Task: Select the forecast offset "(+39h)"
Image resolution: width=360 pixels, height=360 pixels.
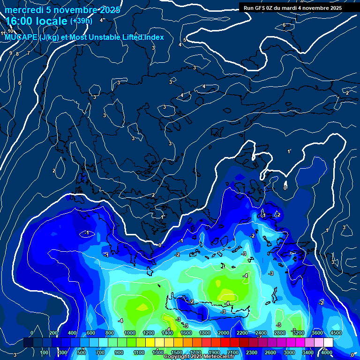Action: tap(81, 21)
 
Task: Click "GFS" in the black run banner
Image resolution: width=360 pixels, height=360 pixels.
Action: tap(262, 8)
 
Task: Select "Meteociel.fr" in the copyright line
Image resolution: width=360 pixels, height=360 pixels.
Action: tap(217, 356)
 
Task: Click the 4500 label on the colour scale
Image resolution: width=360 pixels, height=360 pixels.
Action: tap(336, 333)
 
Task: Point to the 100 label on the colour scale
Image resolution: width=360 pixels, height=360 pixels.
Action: tap(44, 352)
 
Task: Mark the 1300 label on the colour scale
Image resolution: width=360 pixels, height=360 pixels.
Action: tap(157, 352)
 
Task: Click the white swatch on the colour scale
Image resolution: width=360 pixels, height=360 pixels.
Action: tap(328, 343)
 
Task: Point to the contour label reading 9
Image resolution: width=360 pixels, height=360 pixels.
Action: tap(11, 53)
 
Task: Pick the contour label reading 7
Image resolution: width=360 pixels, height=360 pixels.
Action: tap(28, 53)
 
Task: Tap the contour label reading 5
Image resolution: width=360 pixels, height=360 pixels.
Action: tap(185, 40)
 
